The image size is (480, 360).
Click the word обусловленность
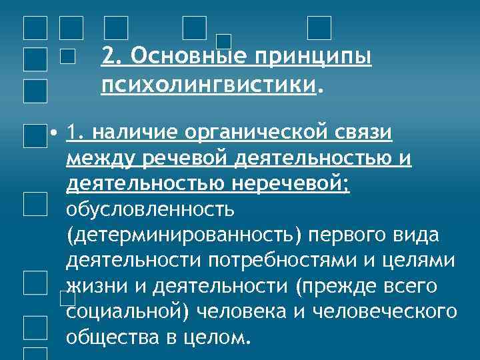(x=150, y=210)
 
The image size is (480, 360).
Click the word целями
(x=422, y=261)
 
